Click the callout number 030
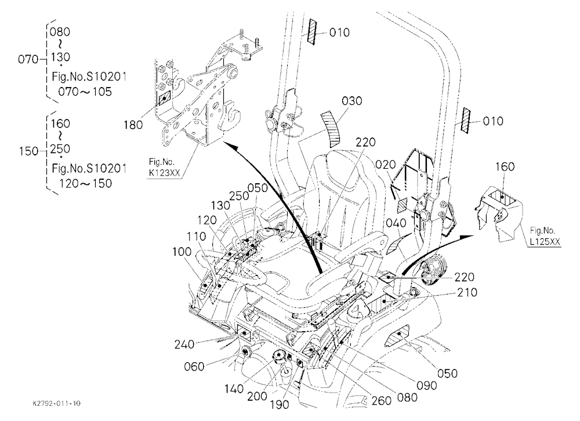click(x=352, y=101)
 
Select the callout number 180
click(x=133, y=125)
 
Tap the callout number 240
click(x=184, y=344)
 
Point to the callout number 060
click(x=194, y=366)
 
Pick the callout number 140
click(x=234, y=389)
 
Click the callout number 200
click(x=257, y=396)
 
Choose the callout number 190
click(x=280, y=405)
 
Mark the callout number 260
click(x=382, y=400)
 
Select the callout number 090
click(x=427, y=386)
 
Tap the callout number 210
click(x=467, y=293)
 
